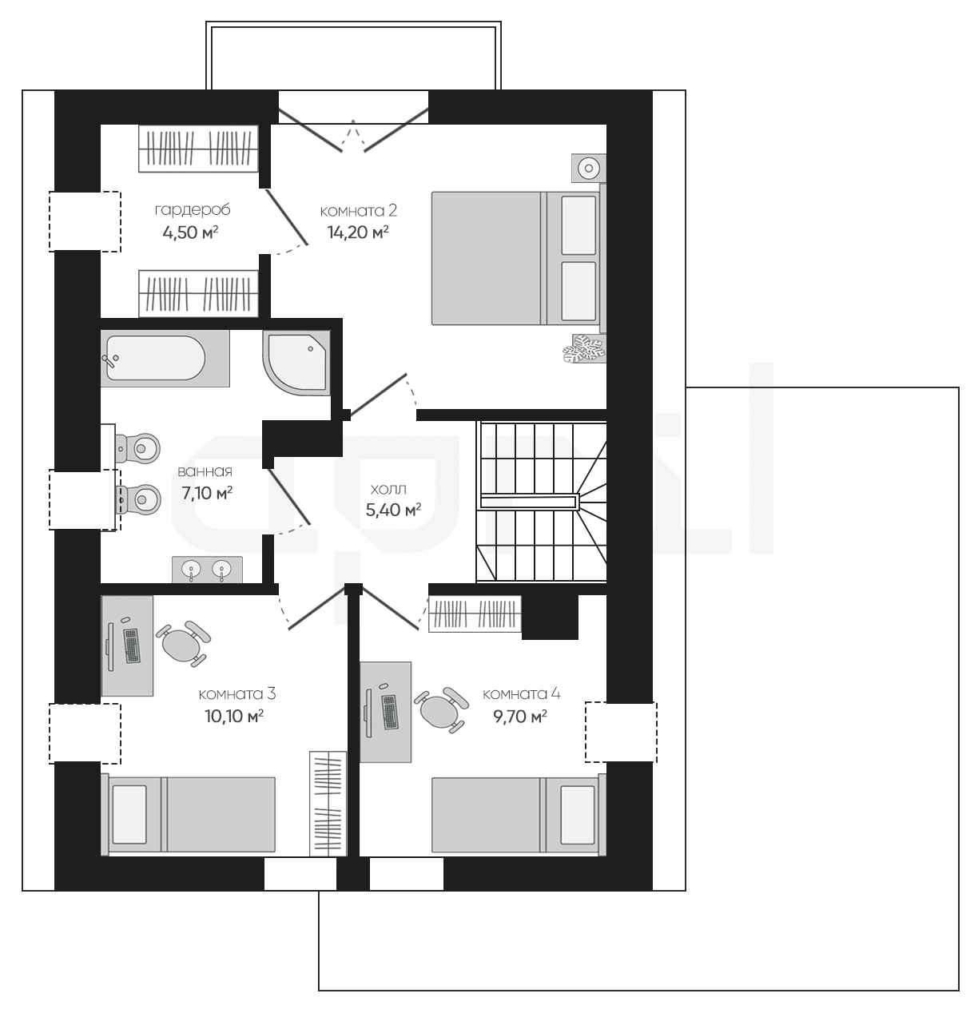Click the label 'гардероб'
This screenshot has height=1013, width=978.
pos(192,210)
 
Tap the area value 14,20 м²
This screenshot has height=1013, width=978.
pos(358,232)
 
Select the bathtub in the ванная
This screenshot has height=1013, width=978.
pos(165,359)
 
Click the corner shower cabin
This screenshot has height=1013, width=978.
pos(296,363)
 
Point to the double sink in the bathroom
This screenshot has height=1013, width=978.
pos(207,570)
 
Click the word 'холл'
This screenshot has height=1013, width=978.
pos(388,489)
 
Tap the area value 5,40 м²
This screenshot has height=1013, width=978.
pos(393,510)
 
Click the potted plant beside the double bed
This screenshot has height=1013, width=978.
pos(585,349)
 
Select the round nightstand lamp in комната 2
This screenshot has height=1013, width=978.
pos(588,168)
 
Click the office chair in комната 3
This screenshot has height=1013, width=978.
pos(183,643)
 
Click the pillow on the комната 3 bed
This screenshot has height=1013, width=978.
pos(129,814)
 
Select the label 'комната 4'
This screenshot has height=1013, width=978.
pos(521,694)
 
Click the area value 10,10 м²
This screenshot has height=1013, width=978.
pos(234,717)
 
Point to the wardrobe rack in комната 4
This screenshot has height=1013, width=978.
pos(475,614)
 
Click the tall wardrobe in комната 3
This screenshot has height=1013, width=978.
pos(328,803)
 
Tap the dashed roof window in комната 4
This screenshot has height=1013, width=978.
pos(621,732)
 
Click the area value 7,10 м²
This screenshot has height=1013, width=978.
pos(207,492)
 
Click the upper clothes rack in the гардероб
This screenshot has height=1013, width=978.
pos(198,149)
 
